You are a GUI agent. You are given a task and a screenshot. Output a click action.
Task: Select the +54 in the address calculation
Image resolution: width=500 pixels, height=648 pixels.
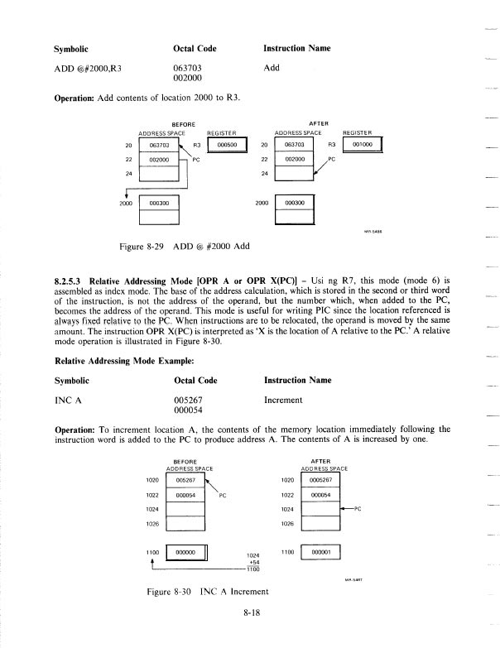pyautogui.click(x=255, y=561)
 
